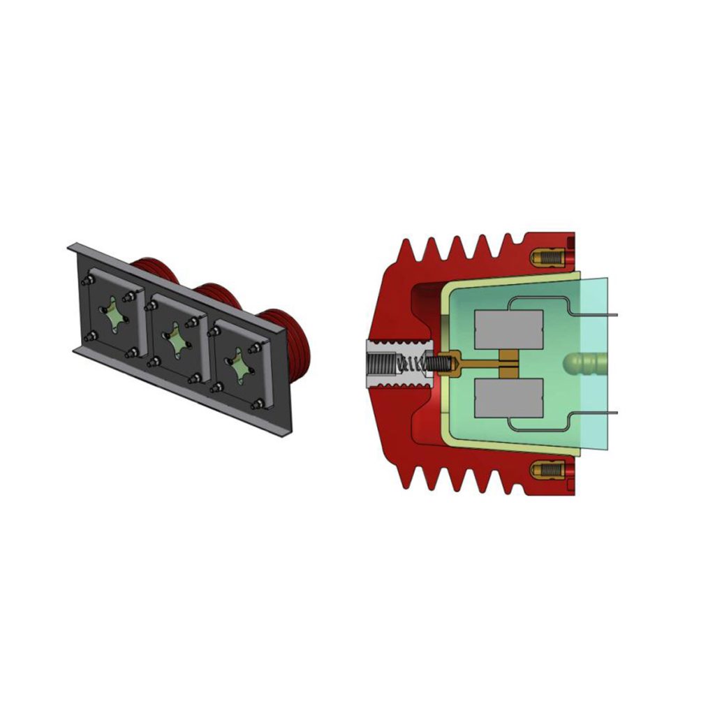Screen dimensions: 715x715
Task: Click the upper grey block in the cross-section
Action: pyautogui.click(x=508, y=329)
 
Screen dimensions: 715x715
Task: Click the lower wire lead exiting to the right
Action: pyautogui.click(x=600, y=413)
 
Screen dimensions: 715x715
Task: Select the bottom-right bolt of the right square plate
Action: pyautogui.click(x=259, y=404)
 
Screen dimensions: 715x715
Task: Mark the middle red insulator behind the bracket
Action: pyautogui.click(x=218, y=297)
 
